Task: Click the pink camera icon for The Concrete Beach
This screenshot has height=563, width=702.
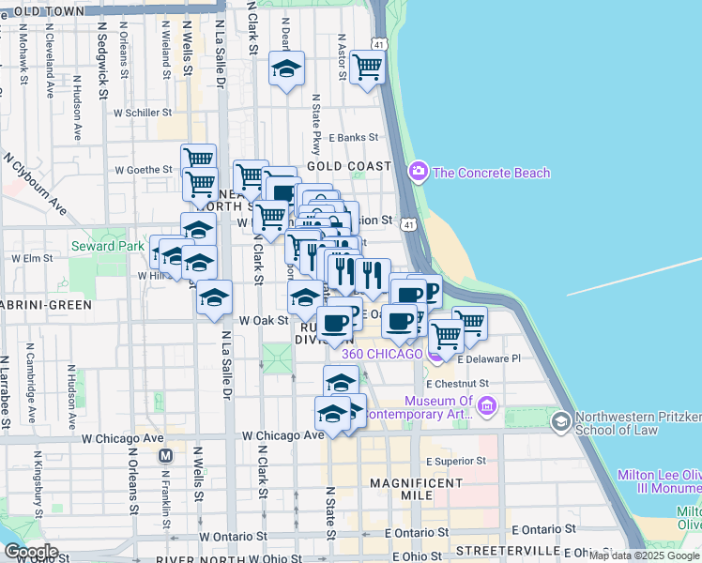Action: [418, 173]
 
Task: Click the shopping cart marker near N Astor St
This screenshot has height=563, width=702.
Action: [366, 67]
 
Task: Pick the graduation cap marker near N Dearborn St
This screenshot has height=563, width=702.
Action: [286, 69]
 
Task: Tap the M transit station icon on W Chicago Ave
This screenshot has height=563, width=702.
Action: [166, 456]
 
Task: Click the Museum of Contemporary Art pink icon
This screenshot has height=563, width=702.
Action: [486, 405]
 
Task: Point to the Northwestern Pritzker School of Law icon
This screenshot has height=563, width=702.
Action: [560, 420]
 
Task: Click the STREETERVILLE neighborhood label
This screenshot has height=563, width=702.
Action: [507, 548]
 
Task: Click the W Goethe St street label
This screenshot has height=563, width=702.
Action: [144, 171]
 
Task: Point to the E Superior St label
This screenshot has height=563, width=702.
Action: [455, 461]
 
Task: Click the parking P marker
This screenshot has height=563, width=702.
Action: [431, 290]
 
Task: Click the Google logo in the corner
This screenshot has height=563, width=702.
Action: [31, 552]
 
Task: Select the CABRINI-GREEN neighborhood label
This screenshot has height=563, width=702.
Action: [46, 305]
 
